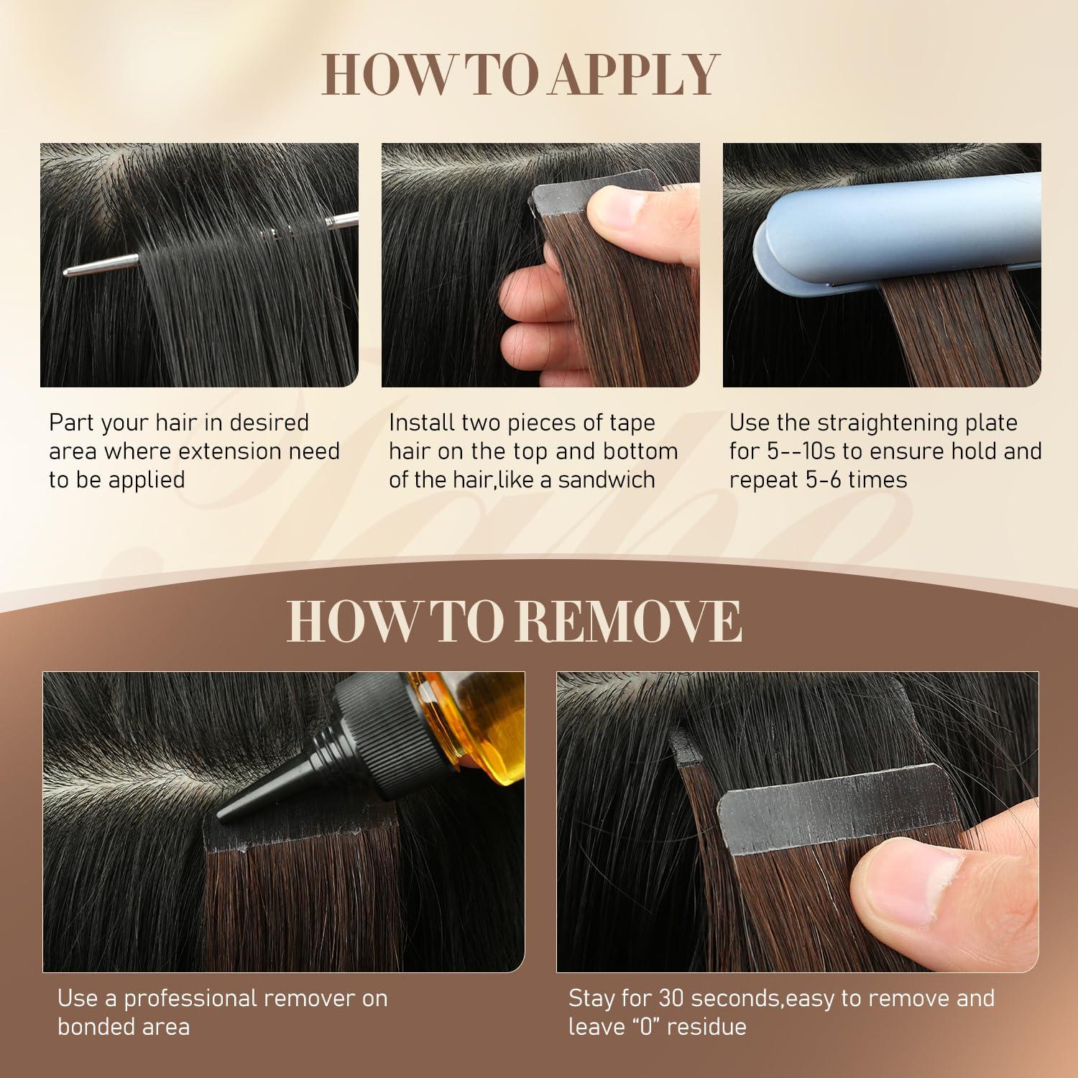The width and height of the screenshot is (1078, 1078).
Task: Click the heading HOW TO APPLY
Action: tap(520, 74)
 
